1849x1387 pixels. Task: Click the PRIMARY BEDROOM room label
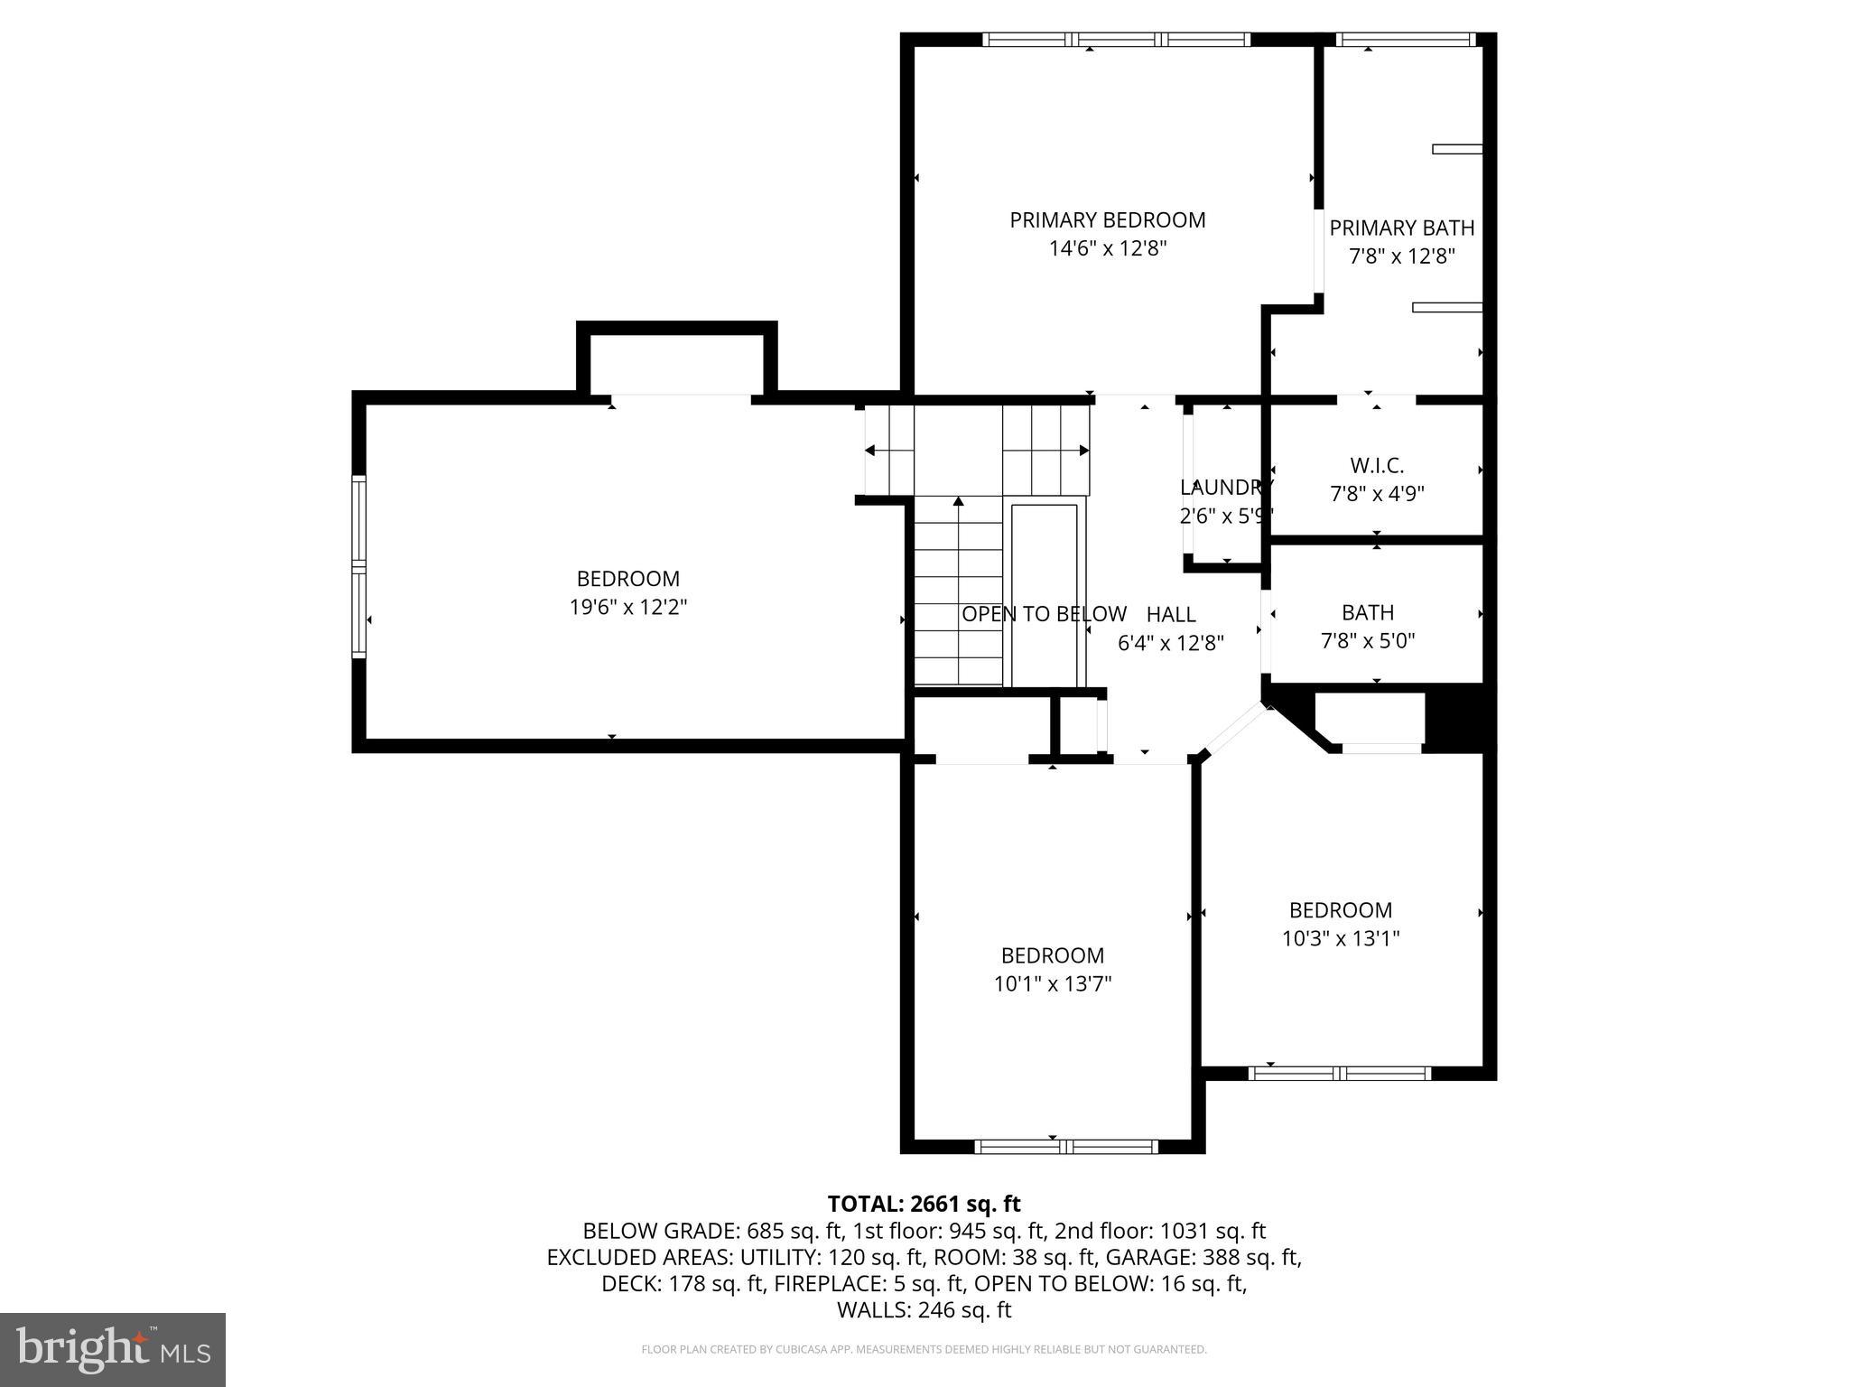tap(1107, 220)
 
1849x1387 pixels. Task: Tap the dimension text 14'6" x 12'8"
tap(1107, 249)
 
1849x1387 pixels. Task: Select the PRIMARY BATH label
tap(1401, 228)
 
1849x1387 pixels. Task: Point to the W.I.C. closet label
tap(1376, 466)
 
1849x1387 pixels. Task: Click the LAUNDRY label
tap(1225, 488)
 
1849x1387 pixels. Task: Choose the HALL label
tap(1171, 615)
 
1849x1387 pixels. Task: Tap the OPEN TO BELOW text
tap(1043, 614)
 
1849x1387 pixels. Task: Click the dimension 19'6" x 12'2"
tap(627, 608)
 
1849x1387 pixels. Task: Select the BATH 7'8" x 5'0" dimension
tap(1367, 641)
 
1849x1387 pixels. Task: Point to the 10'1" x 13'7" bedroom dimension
tap(1052, 984)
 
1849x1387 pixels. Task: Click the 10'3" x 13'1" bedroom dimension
tap(1340, 939)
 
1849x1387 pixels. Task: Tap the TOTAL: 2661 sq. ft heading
tap(924, 1204)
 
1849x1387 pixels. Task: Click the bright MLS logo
tap(113, 1349)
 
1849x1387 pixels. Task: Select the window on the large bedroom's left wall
tap(359, 566)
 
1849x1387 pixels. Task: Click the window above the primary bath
tap(1405, 40)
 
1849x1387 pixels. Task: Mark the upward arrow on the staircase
tap(958, 502)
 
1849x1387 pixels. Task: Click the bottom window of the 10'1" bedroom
tap(1066, 1147)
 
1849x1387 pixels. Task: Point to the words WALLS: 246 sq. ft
tap(924, 1310)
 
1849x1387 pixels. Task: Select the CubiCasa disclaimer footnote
tap(924, 1350)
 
